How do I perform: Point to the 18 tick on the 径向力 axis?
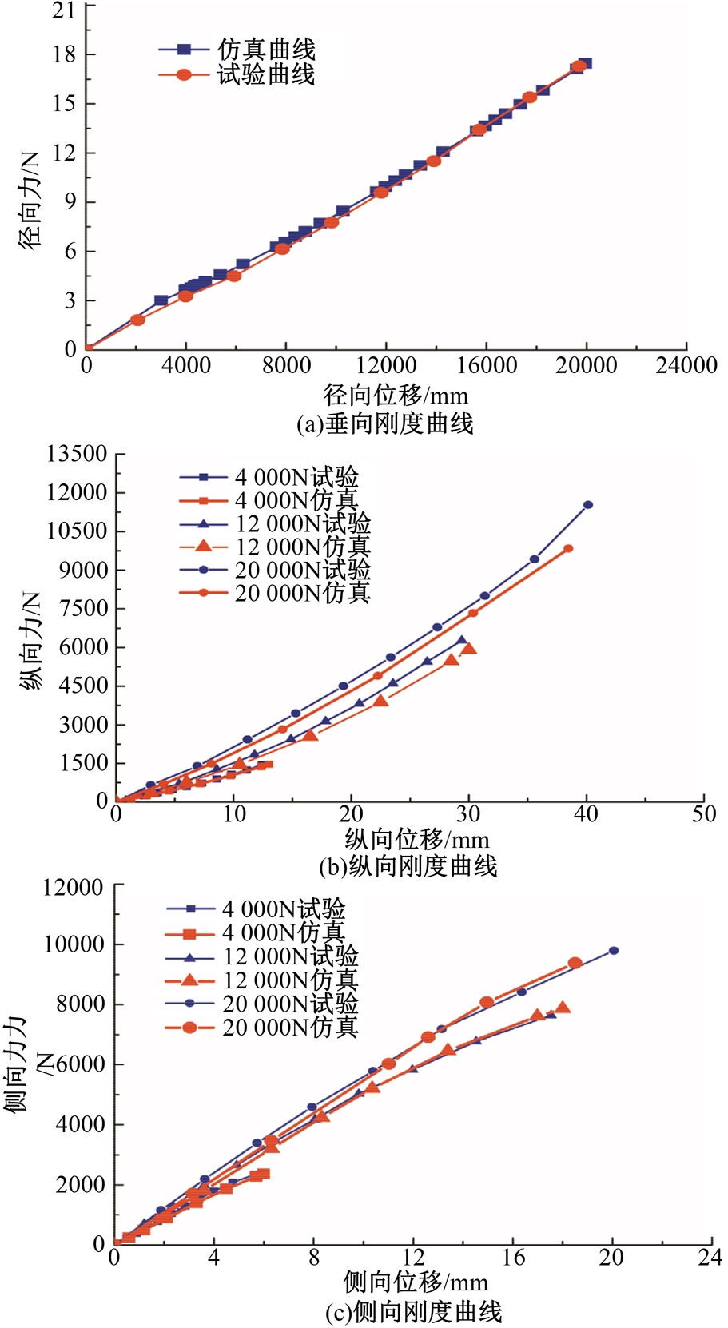[x=65, y=54]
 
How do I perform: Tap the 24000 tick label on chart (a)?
[x=686, y=366]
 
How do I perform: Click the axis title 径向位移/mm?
[x=396, y=395]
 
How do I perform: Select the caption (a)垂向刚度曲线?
[x=385, y=423]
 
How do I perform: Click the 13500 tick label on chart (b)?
[x=77, y=454]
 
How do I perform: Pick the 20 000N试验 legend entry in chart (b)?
[x=302, y=570]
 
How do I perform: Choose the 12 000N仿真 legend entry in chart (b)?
[x=302, y=547]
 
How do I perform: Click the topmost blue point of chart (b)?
[x=588, y=504]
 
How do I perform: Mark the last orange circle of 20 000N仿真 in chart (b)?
[x=568, y=549]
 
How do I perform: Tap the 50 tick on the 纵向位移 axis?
[x=703, y=813]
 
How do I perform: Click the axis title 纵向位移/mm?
[x=417, y=839]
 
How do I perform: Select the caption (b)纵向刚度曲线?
[x=408, y=866]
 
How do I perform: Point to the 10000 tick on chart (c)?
[x=74, y=944]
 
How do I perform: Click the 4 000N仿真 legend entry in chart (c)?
[x=283, y=932]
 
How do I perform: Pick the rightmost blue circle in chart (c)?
[x=614, y=951]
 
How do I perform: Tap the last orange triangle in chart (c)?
[x=563, y=1008]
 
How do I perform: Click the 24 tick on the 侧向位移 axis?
[x=710, y=1258]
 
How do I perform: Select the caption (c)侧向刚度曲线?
[x=414, y=1312]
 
